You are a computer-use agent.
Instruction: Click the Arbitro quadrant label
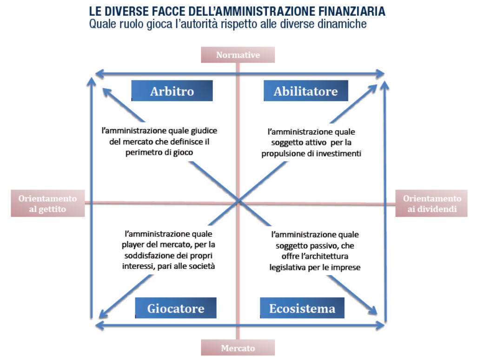tap(172, 91)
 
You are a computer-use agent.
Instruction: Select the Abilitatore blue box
tap(305, 91)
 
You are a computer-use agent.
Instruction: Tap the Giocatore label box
tap(175, 308)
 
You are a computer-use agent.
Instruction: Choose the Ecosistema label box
tap(302, 308)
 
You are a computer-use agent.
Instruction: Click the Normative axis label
tap(238, 55)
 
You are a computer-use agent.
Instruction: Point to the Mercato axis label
tap(238, 347)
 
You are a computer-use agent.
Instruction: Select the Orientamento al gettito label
tap(48, 203)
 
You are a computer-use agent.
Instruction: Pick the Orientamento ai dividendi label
tap(432, 203)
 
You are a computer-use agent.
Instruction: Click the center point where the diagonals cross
tap(238, 201)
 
